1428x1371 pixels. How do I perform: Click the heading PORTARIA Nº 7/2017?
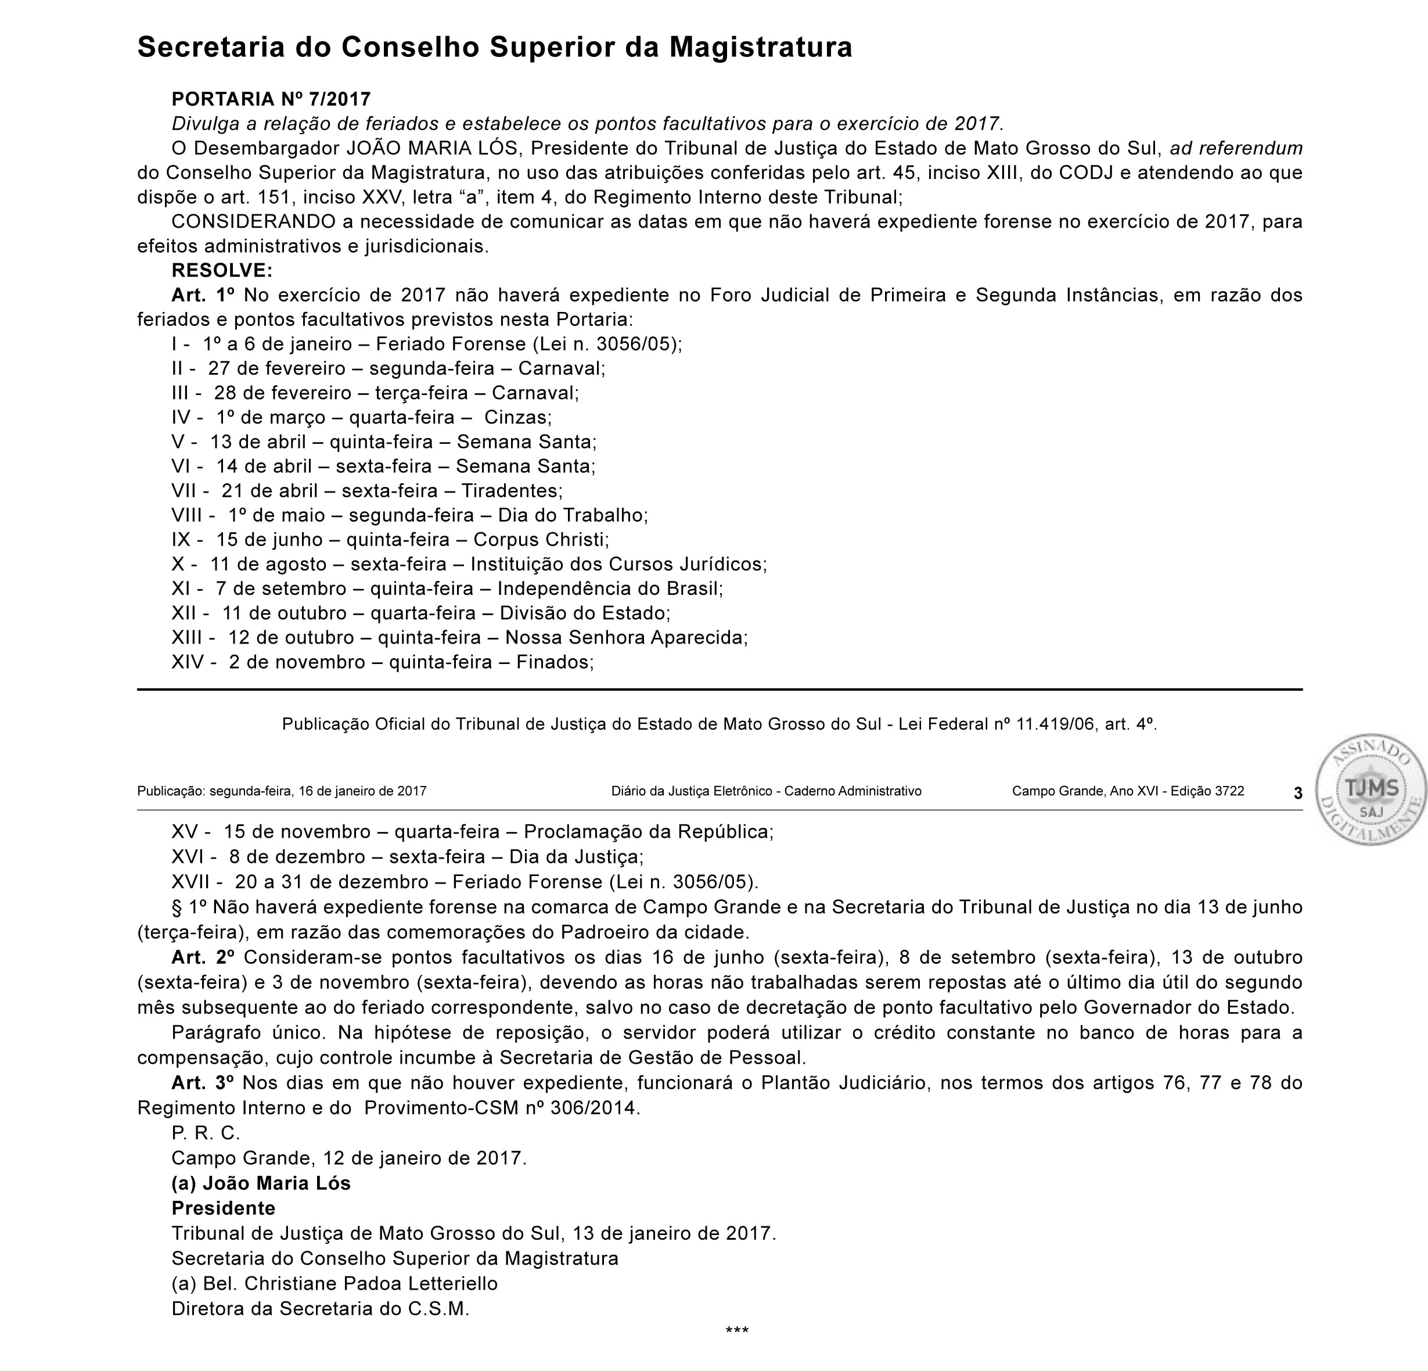[271, 99]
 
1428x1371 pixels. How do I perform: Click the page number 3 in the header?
[1297, 793]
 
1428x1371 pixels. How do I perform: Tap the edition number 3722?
[1229, 791]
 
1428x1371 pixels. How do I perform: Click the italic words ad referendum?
[1236, 149]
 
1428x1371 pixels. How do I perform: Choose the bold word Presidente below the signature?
[223, 1208]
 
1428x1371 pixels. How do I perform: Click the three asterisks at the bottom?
[736, 1331]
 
